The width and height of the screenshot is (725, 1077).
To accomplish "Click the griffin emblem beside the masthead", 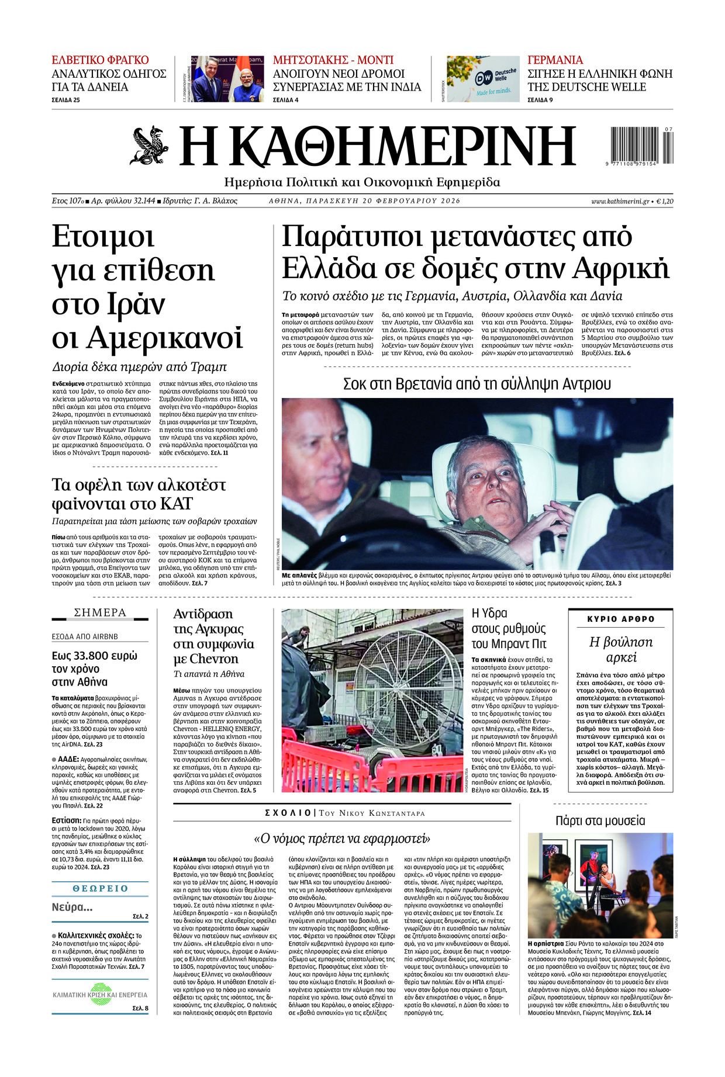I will (149, 145).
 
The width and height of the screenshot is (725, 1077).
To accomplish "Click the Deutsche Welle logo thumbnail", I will (483, 79).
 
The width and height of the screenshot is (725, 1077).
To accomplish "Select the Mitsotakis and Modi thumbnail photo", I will (227, 79).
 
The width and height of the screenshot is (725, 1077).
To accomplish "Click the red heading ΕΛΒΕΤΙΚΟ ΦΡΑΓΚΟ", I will (100, 60).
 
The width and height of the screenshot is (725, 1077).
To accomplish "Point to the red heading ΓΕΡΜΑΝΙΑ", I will (555, 60).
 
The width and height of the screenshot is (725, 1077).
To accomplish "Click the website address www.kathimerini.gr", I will (620, 201).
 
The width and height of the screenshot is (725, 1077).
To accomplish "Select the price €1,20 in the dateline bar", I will (664, 201).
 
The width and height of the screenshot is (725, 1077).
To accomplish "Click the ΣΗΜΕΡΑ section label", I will (100, 612).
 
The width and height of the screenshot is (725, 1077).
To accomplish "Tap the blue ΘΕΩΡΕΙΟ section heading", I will (100, 888).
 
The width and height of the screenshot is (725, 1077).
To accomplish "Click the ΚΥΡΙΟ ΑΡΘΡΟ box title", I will (620, 619).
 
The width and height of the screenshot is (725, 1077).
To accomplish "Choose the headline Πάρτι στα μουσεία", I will (600, 820).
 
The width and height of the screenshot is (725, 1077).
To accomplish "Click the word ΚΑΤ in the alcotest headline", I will (176, 504).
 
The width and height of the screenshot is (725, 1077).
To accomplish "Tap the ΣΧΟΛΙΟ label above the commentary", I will (288, 813).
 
